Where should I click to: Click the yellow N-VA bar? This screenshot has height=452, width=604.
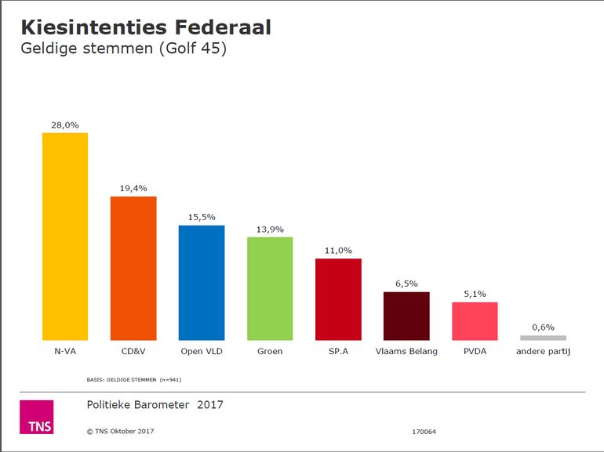[64, 236]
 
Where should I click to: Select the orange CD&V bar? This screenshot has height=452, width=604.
[133, 268]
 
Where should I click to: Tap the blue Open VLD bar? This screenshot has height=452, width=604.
[202, 282]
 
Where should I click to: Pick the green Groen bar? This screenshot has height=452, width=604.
[270, 288]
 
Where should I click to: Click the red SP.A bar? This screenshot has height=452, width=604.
[338, 299]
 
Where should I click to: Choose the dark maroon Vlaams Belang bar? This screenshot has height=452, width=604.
[406, 316]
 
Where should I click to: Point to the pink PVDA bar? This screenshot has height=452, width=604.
[475, 320]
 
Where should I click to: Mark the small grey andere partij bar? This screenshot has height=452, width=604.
[543, 338]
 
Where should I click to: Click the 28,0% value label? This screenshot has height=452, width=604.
[65, 125]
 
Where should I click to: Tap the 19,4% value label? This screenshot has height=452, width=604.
[133, 188]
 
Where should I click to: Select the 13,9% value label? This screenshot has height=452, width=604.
[270, 229]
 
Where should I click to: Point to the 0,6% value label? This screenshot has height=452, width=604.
[543, 327]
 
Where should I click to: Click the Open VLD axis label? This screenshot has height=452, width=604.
[202, 352]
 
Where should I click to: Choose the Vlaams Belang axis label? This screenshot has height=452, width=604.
[406, 352]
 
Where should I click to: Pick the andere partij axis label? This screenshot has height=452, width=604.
[543, 352]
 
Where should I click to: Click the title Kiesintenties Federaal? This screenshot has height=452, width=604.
[145, 27]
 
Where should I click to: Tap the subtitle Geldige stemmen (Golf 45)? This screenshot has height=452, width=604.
[123, 49]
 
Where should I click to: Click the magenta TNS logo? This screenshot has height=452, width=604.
[36, 417]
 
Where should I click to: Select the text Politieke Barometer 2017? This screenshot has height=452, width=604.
[155, 405]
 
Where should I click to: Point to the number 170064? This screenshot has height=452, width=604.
[424, 432]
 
